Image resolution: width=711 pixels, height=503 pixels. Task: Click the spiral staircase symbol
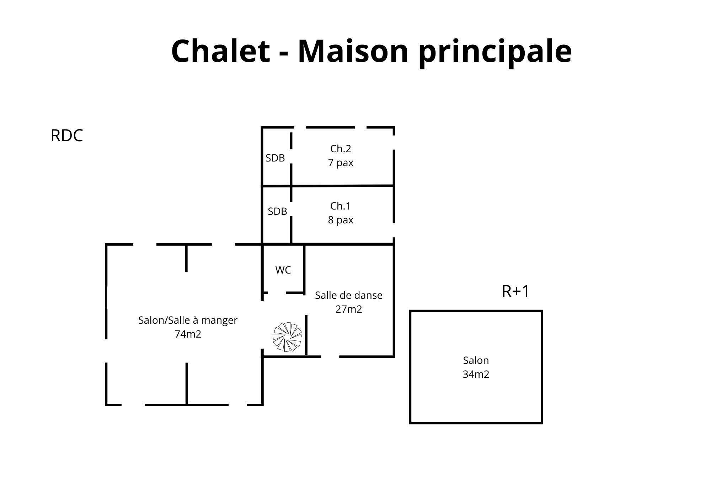(x=287, y=337)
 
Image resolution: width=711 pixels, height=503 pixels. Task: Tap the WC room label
(x=283, y=270)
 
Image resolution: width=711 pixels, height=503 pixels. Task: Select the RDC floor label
(x=67, y=136)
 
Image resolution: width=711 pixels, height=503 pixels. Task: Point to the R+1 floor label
(x=515, y=291)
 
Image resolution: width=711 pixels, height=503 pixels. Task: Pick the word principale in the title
(x=495, y=53)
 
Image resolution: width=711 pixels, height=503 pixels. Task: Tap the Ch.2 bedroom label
(x=341, y=149)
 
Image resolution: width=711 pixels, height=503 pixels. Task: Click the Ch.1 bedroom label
(x=340, y=206)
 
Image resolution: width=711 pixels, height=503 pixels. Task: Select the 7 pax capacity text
(x=341, y=163)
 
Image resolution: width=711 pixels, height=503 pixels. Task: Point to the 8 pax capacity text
(x=341, y=220)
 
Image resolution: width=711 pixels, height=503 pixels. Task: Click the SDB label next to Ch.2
(x=275, y=158)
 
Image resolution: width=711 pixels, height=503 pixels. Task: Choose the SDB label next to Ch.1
(x=277, y=212)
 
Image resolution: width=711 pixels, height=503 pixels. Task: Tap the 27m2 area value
(x=349, y=309)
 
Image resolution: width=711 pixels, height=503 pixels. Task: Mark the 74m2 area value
(x=188, y=334)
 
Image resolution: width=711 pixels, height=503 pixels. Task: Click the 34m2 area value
(x=476, y=374)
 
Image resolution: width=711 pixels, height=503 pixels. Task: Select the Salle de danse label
(x=349, y=295)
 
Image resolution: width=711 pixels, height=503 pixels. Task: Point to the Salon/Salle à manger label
(x=188, y=320)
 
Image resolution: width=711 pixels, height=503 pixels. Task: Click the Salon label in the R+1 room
(x=476, y=360)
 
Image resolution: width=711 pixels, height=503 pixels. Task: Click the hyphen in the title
(x=284, y=53)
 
